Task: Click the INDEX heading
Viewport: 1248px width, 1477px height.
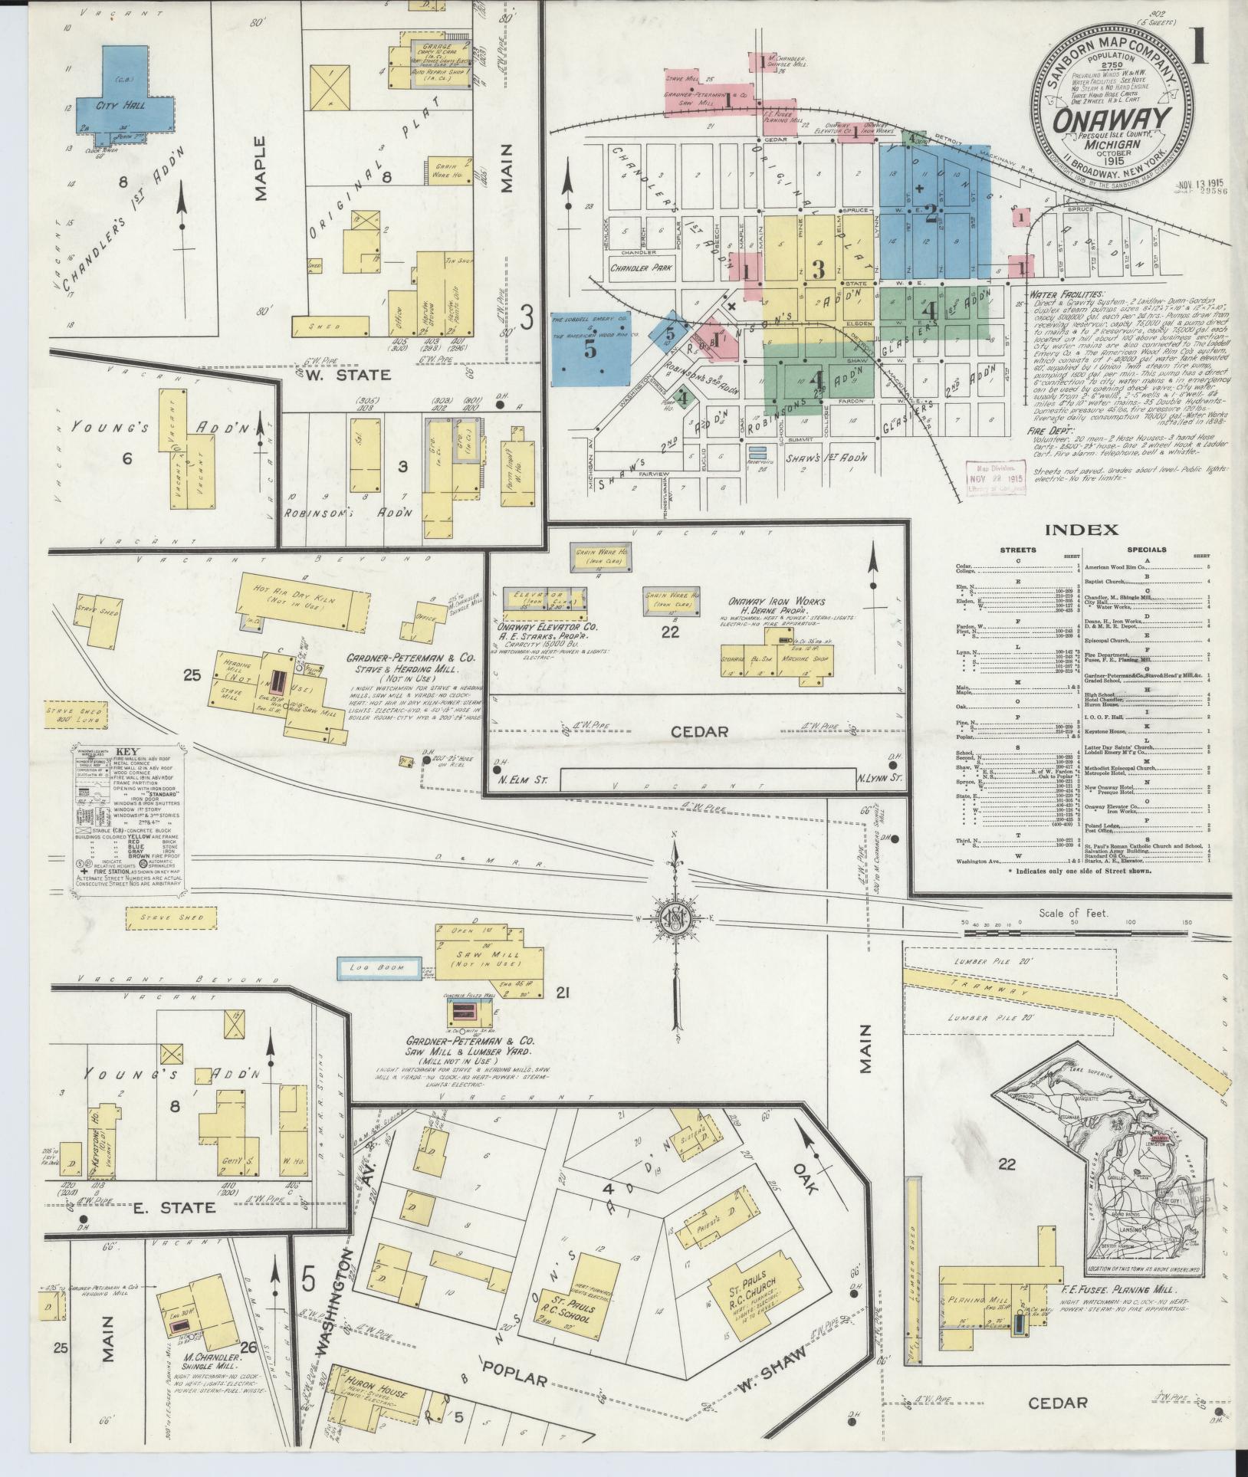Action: [1080, 529]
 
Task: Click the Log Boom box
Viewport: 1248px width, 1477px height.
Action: [379, 968]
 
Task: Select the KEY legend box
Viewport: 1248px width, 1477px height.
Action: [127, 817]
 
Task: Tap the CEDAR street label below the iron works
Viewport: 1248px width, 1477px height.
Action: [698, 730]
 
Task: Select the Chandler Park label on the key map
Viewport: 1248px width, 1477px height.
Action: [641, 269]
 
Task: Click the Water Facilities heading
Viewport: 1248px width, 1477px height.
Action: [1066, 293]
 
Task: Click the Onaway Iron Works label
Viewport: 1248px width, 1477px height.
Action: [760, 602]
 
